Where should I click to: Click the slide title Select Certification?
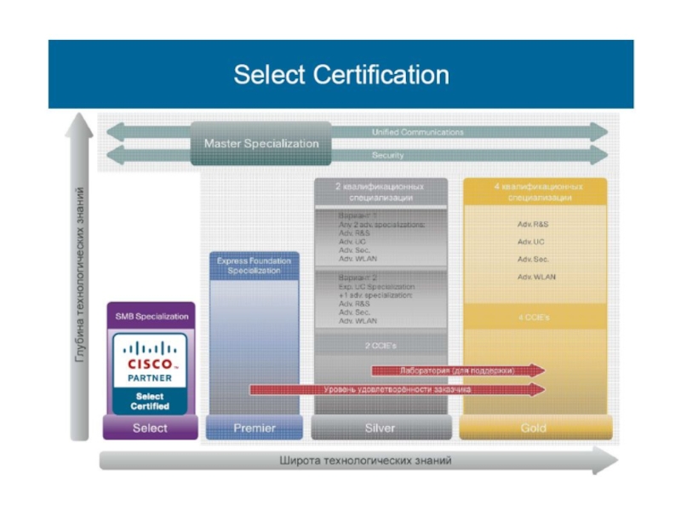pos(340,75)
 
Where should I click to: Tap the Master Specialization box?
pos(261,144)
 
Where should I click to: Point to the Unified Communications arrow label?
pos(417,133)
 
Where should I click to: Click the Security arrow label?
pos(388,156)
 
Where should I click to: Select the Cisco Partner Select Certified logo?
pos(150,373)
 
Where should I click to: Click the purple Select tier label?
pos(150,428)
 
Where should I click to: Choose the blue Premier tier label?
pos(255,428)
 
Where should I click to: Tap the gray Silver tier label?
pos(380,428)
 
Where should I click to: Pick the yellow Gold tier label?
pos(534,428)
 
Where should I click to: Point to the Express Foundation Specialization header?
pos(254,266)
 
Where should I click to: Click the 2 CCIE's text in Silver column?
pos(379,346)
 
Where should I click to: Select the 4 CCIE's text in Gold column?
pos(534,317)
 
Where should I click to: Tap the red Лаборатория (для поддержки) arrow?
pos(458,370)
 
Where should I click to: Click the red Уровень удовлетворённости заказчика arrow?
pos(398,389)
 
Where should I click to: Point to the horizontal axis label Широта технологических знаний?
pos(365,461)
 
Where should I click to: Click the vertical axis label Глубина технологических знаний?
pos(80,273)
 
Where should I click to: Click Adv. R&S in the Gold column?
pos(533,224)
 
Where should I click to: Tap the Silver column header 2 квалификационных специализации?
pos(380,191)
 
